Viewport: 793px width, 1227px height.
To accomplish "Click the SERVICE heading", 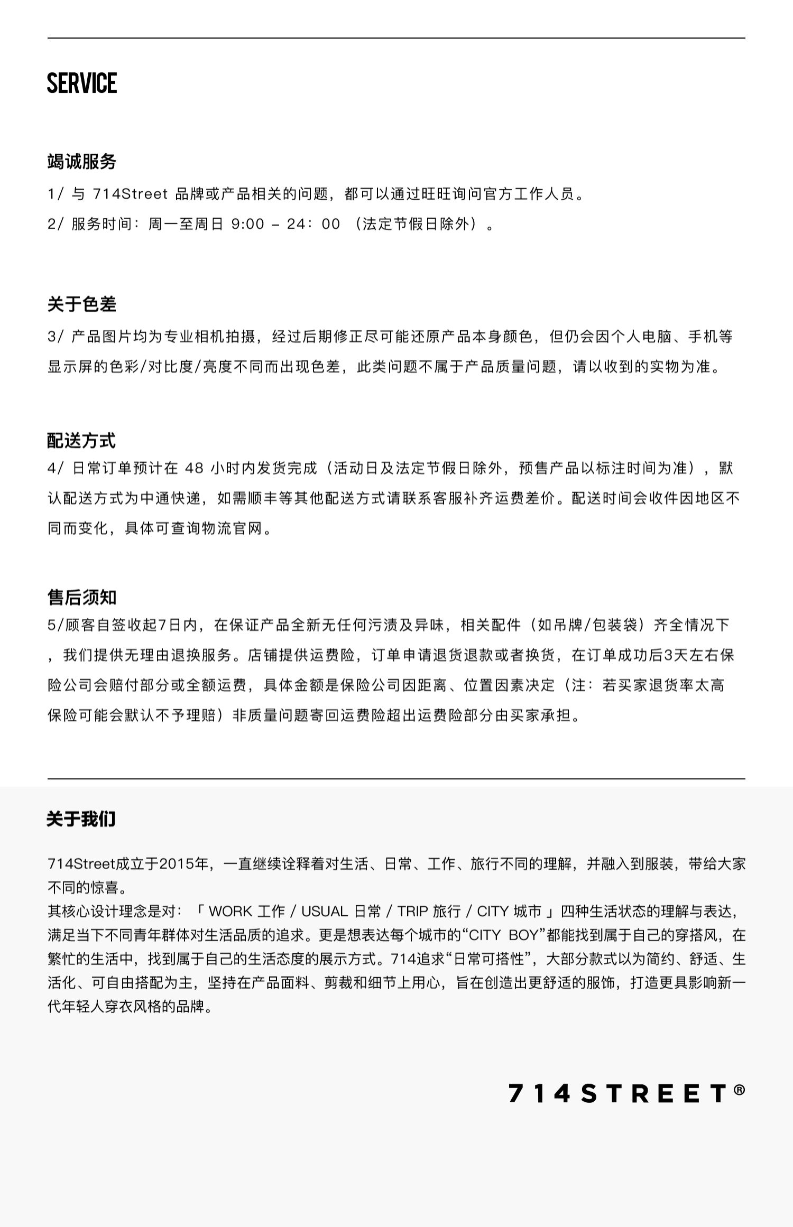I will point(82,83).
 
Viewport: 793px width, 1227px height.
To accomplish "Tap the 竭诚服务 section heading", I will point(81,162).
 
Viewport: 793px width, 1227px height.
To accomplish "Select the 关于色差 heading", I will point(81,304).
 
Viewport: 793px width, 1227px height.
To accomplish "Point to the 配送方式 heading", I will point(81,440).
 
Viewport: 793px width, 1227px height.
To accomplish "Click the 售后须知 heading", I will point(81,597).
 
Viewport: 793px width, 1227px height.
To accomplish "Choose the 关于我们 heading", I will point(81,819).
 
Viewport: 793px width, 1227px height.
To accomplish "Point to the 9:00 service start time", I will point(248,224).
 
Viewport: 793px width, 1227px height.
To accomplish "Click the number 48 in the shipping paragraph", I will point(195,468).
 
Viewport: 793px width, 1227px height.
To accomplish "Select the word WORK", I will point(230,911).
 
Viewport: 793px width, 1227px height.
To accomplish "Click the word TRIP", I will point(412,911).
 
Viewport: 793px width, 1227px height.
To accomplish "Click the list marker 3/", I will point(56,337).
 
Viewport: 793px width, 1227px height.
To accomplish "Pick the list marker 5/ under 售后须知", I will point(56,625).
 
